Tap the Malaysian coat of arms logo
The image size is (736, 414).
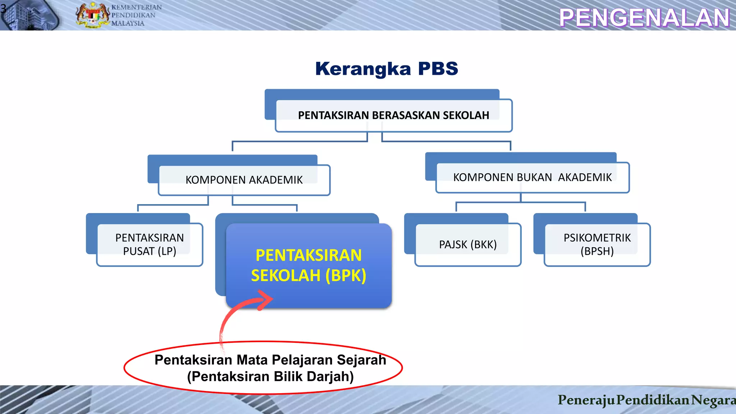click(92, 15)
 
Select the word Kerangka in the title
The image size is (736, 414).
click(363, 69)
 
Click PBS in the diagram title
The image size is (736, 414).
click(438, 69)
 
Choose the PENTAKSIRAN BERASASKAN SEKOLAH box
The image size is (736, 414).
click(393, 115)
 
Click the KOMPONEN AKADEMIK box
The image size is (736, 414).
click(244, 180)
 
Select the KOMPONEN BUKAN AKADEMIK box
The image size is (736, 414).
click(532, 178)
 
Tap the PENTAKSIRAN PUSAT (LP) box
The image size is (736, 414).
click(149, 244)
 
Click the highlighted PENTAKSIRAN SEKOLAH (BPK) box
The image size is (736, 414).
click(308, 265)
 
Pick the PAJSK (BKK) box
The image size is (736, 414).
click(468, 245)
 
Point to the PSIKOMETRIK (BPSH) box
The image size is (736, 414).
click(597, 244)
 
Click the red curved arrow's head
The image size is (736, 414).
click(266, 299)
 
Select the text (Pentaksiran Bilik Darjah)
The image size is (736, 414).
click(270, 377)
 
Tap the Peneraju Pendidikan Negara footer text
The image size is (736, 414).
click(646, 400)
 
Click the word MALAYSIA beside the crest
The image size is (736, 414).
click(128, 23)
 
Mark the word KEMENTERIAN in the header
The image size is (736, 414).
click(136, 7)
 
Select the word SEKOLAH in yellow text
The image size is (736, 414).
click(285, 276)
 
